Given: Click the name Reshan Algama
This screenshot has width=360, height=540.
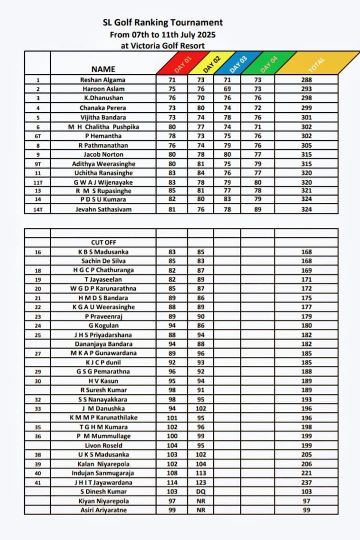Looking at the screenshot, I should (103, 80).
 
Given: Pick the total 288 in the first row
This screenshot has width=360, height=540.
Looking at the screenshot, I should (307, 80).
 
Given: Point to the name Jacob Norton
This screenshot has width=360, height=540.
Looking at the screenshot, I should (103, 155).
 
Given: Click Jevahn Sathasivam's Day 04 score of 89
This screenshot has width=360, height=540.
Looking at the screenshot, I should (258, 209).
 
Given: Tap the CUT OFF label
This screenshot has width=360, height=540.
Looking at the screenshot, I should (103, 242).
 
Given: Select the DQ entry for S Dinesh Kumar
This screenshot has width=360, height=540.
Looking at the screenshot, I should (200, 491).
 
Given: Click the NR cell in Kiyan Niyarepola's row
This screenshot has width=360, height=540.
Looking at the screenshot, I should (200, 501).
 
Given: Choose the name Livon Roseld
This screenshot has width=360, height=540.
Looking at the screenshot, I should (103, 446).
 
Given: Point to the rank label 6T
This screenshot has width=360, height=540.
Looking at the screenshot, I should (37, 136).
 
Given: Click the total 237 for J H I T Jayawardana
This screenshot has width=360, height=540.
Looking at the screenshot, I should (307, 483).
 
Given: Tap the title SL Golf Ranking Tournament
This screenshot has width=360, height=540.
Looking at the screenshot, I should (163, 23).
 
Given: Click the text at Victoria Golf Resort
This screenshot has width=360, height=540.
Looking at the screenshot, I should (163, 45).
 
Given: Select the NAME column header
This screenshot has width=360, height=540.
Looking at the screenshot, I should (103, 69).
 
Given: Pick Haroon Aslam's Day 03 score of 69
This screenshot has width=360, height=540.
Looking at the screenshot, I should (227, 89).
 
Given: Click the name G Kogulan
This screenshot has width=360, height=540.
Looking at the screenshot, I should (103, 325).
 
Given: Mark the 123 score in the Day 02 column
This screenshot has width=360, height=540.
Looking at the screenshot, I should (200, 483).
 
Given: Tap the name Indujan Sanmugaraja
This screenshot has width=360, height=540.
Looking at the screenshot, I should (103, 473).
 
